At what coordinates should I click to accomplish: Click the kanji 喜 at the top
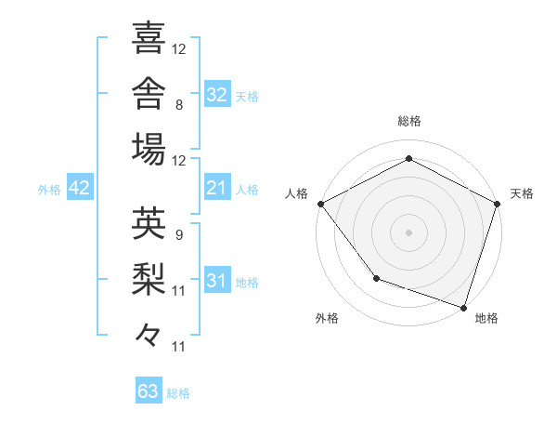click(149, 37)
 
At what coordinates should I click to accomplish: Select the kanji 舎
click(149, 93)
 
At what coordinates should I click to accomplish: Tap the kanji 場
click(149, 149)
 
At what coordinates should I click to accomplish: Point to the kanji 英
click(149, 223)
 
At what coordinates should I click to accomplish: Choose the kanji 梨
click(149, 279)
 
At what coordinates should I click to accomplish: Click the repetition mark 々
click(149, 335)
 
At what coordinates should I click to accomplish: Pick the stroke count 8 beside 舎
click(179, 105)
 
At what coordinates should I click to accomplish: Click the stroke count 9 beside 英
click(179, 235)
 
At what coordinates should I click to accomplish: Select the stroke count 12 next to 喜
click(178, 49)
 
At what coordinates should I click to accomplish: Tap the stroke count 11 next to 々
click(178, 347)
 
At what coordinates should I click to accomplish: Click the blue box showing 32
click(217, 94)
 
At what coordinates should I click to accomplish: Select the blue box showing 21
click(217, 187)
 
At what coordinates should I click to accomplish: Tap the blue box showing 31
click(217, 279)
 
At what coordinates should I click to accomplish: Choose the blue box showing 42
click(80, 187)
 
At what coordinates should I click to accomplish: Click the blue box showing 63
click(149, 390)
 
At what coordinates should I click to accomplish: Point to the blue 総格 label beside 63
click(178, 393)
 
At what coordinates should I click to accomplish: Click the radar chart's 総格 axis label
click(409, 121)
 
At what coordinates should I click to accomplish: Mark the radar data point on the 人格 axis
click(321, 204)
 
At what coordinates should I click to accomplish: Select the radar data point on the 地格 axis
click(463, 308)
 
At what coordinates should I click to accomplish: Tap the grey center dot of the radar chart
click(408, 232)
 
